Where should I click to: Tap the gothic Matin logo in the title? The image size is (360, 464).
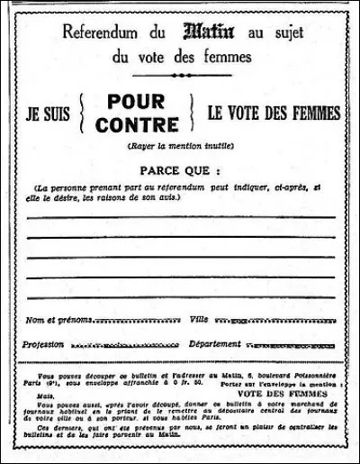pos(209,32)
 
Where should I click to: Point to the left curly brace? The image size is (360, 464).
pos(87,114)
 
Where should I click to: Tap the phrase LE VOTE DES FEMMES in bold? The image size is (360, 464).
pos(274,114)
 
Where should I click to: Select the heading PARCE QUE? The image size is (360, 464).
pos(181,168)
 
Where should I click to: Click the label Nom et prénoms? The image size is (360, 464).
pos(58,320)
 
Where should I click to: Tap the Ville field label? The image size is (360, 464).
pos(199,320)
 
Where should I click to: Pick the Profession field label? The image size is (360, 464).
pos(45,344)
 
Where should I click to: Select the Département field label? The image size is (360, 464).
pos(215,344)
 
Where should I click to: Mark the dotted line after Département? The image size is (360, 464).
pos(289,346)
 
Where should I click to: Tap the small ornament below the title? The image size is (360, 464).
pos(181,76)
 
